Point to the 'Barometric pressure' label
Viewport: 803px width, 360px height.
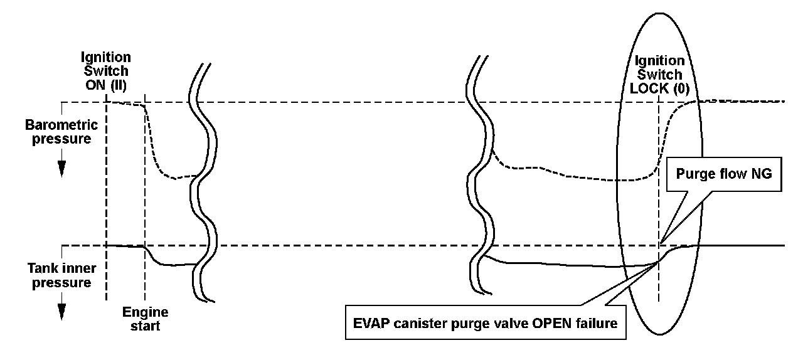[x=61, y=132]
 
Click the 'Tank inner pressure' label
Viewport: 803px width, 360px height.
[x=61, y=275]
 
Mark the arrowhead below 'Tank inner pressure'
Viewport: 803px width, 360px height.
[x=61, y=312]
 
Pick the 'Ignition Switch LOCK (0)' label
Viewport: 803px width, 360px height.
[x=659, y=75]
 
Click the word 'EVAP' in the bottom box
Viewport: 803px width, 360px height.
[x=371, y=324]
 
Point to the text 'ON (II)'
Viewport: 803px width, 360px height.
[x=104, y=88]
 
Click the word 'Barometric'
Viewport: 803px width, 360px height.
[x=61, y=125]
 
